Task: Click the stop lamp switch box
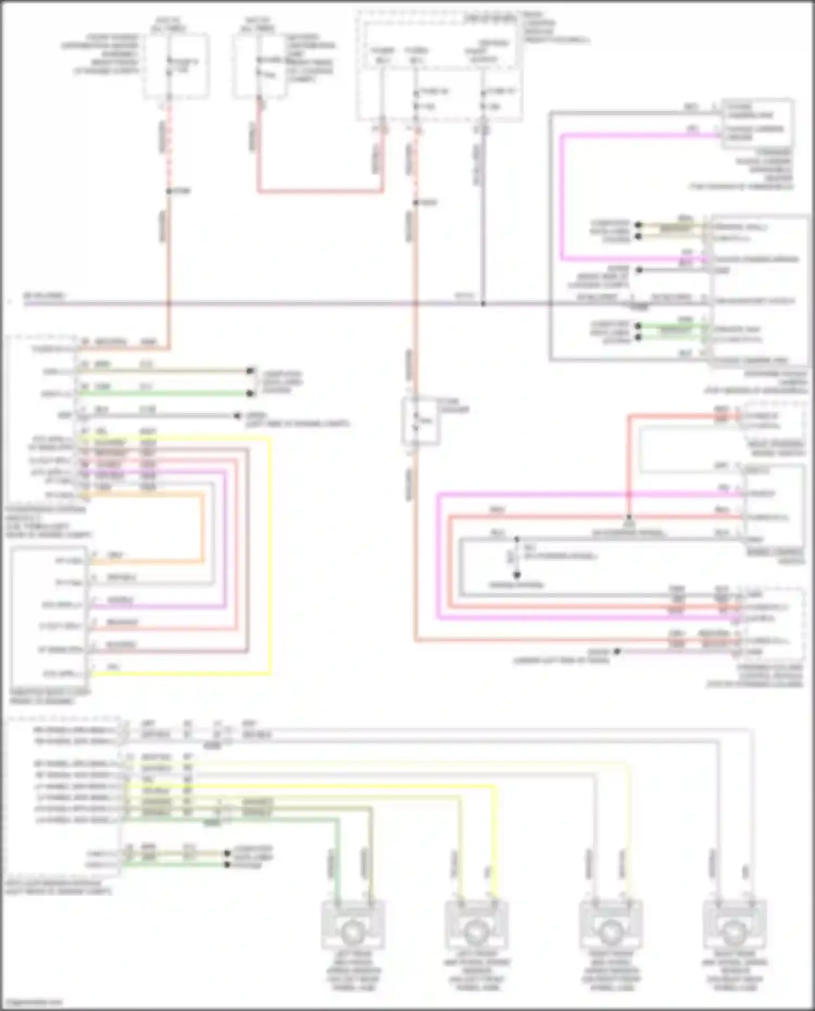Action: click(420, 421)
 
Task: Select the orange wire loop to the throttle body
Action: click(204, 527)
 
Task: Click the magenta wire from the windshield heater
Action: click(563, 196)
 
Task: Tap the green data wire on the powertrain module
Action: click(163, 393)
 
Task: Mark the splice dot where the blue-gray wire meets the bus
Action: click(483, 304)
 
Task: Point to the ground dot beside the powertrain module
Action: click(237, 416)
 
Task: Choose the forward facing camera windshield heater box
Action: click(757, 124)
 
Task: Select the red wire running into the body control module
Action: click(321, 191)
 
